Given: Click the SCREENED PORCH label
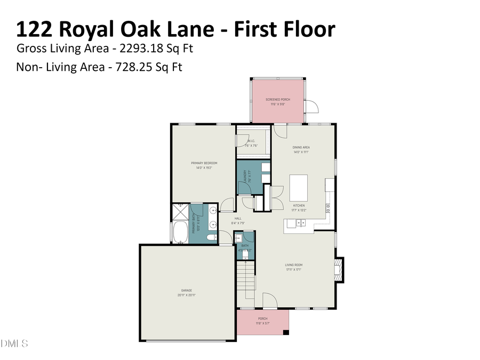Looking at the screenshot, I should [278, 100].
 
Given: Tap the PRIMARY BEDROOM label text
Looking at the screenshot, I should [204, 163].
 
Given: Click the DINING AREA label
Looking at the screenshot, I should [301, 147].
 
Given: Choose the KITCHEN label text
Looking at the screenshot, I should [299, 205].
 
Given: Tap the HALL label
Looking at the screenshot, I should [237, 218].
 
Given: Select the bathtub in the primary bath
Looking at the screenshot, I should [178, 233].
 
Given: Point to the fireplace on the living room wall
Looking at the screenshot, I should [338, 270].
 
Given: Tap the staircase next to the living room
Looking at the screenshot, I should [246, 279].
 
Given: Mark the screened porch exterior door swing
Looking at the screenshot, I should [313, 107].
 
